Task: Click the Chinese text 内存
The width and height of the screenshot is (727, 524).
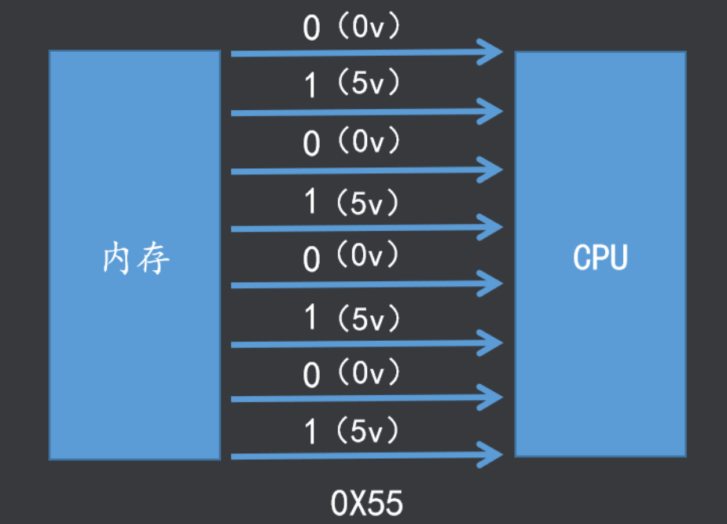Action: (x=136, y=258)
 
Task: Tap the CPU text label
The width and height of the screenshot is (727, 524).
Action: (x=600, y=257)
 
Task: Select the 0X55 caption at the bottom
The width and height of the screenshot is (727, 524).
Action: (x=366, y=503)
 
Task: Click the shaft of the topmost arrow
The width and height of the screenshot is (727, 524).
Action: (x=366, y=53)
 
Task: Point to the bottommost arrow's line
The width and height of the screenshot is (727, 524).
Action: (x=366, y=456)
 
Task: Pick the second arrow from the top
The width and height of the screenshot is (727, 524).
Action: (x=366, y=112)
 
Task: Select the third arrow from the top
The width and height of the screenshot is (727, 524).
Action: (x=366, y=171)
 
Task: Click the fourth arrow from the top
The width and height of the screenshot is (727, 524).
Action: (x=366, y=228)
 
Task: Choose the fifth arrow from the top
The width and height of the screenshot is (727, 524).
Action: (x=366, y=284)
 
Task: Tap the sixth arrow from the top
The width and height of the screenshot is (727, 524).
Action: (x=366, y=344)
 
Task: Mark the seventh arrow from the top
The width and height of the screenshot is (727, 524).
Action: (x=366, y=398)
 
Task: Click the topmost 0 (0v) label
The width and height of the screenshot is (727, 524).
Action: (x=351, y=27)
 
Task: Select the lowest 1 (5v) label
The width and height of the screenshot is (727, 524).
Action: (x=351, y=431)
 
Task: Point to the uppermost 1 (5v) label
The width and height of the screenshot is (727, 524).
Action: (x=351, y=83)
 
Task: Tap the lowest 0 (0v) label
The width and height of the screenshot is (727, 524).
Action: (x=351, y=373)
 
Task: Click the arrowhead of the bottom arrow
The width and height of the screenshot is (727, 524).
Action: (x=491, y=455)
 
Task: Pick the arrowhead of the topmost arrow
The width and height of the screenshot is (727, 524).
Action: (x=491, y=53)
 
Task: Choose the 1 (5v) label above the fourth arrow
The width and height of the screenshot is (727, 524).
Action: (x=351, y=203)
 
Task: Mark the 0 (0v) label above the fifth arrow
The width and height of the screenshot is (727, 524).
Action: (x=351, y=257)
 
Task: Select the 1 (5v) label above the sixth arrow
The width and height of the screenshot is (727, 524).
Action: (x=351, y=318)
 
